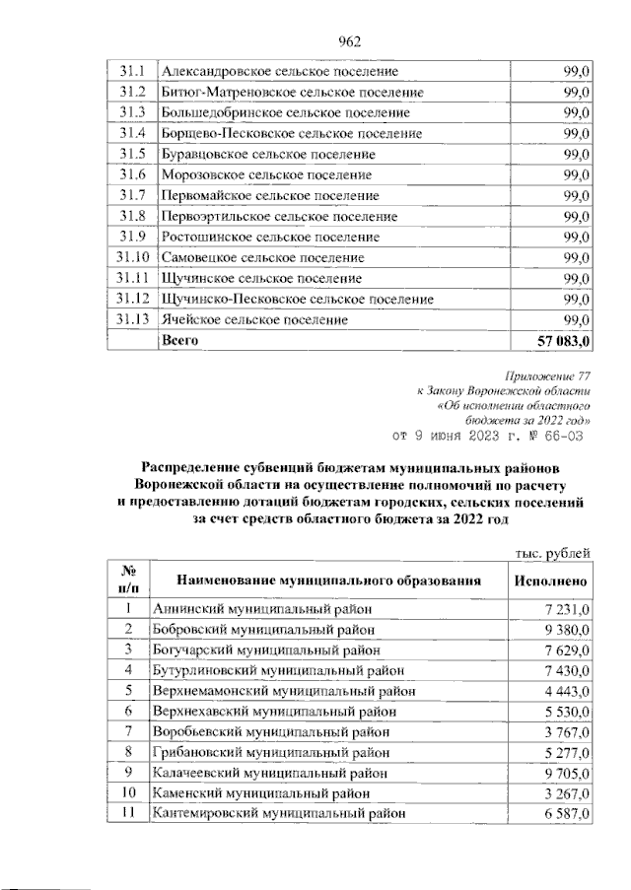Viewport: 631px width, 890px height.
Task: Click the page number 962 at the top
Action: coord(350,40)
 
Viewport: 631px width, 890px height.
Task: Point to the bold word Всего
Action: coord(180,340)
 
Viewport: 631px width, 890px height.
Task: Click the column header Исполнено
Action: coord(550,582)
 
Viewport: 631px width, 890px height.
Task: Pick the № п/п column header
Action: coord(128,581)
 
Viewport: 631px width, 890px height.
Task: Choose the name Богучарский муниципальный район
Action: coord(263,650)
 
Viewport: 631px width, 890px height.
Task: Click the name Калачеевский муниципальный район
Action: coord(266,772)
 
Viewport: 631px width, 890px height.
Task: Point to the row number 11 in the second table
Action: coord(128,813)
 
